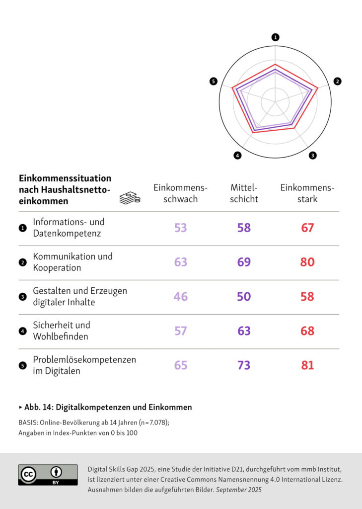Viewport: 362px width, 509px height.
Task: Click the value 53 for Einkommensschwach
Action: coord(180,228)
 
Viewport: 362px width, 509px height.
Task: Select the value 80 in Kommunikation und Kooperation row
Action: coord(307,262)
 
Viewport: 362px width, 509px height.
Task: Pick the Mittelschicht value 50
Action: coord(244,297)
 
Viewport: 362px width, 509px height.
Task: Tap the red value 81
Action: coord(307,365)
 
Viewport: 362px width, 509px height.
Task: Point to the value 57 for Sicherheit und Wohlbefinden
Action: coord(180,331)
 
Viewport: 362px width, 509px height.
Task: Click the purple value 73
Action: coord(244,365)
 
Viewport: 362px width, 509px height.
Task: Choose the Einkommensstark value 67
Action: coord(307,228)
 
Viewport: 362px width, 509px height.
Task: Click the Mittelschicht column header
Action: coord(244,193)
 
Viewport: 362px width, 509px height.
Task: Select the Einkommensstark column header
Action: coord(307,193)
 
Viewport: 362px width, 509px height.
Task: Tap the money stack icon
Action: coord(130,198)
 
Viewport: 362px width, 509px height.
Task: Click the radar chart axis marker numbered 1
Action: coord(276,37)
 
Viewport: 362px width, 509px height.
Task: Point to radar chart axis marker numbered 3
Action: coord(312,156)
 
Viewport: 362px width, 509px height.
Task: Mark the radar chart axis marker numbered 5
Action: coord(214,82)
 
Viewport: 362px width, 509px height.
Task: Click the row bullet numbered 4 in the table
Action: coord(22,331)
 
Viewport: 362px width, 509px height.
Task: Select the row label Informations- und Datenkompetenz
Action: coord(69,228)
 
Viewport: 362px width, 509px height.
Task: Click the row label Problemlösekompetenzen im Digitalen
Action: coord(84,365)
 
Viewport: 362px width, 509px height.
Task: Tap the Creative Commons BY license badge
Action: coord(48,475)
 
